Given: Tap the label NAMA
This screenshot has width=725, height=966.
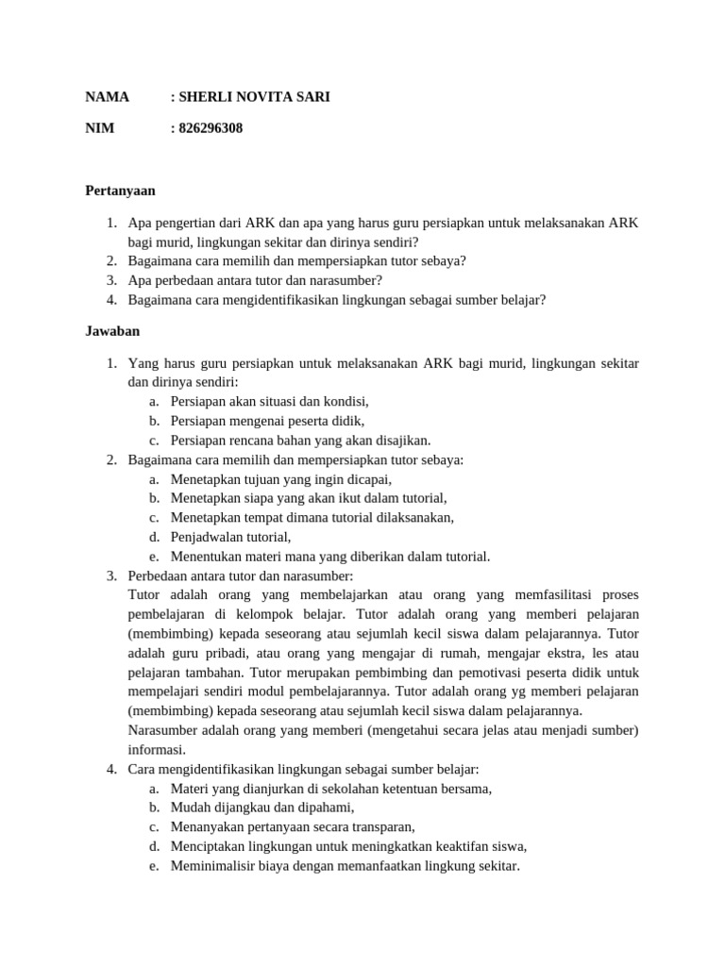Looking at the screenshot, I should [107, 96].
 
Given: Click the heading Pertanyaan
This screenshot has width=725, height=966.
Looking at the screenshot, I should [120, 190].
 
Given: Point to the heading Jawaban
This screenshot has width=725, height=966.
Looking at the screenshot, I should [112, 331].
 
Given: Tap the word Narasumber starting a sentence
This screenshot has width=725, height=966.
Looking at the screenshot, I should [165, 730].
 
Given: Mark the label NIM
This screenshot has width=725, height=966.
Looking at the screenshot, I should [100, 127].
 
